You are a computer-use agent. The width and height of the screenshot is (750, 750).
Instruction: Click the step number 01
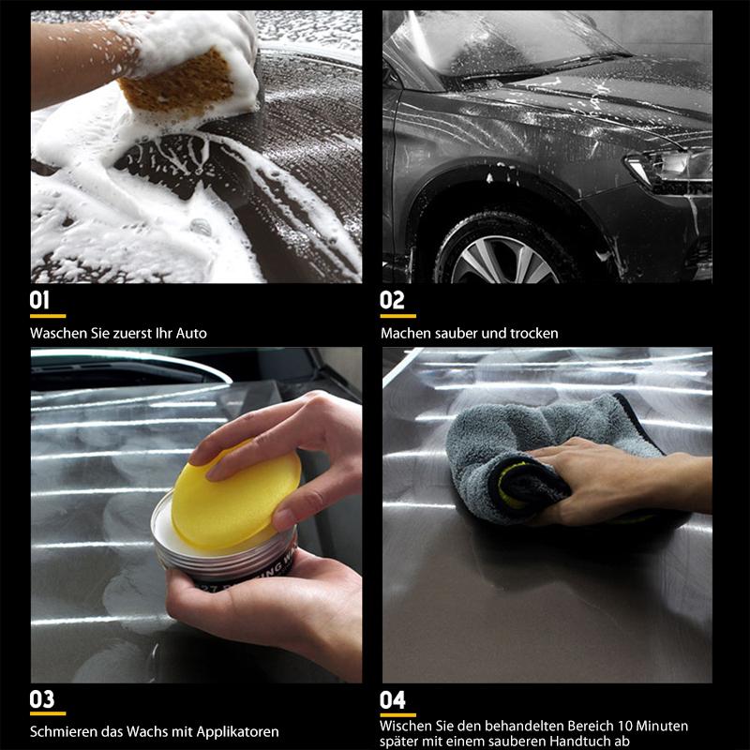[x=39, y=300]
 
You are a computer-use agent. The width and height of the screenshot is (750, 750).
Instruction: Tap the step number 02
[x=392, y=300]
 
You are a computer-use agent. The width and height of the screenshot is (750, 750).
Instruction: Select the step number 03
[x=42, y=698]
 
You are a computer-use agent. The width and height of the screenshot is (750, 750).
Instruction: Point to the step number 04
[x=393, y=699]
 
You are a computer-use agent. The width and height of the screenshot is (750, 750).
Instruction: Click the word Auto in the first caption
[x=191, y=333]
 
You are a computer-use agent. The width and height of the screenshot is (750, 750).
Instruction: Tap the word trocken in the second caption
[x=534, y=333]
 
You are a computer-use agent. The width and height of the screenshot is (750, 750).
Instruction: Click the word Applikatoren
[x=238, y=732]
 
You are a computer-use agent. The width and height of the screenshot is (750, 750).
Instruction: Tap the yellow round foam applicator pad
[x=236, y=495]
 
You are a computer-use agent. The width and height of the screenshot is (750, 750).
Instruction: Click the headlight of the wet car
[x=670, y=169]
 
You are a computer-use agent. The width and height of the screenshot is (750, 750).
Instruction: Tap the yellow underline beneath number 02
[x=397, y=316]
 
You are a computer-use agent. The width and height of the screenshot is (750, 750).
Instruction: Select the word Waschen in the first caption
[x=58, y=333]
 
